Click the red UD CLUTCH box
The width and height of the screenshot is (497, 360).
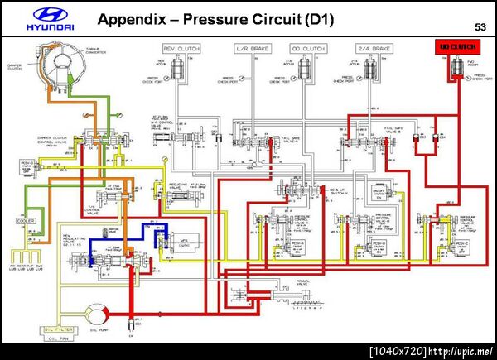click(453, 47)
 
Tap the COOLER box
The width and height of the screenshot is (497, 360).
click(24, 222)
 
